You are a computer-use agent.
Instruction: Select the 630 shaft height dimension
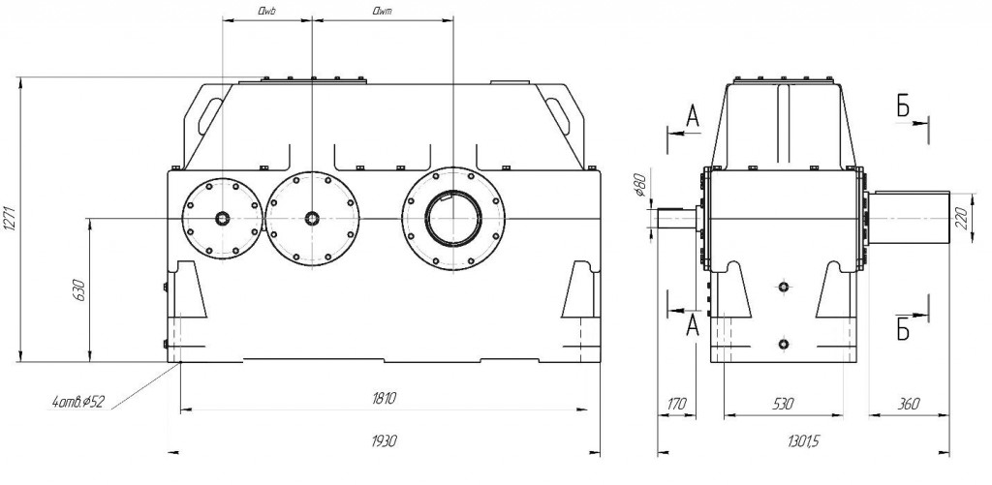pos(79,289)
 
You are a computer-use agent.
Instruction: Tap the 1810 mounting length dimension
pos(384,399)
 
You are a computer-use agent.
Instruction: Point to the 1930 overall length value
pos(384,440)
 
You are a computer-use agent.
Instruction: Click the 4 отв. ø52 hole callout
pos(78,401)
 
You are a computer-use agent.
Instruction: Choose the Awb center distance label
pos(266,10)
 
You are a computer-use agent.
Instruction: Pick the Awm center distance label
pos(382,10)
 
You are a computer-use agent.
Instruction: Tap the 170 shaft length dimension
pos(676,404)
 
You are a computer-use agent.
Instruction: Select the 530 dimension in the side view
pos(783,404)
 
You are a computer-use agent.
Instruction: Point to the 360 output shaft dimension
pos(909,404)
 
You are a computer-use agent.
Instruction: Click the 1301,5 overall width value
pos(803,441)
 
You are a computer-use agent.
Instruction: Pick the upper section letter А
pos(694,116)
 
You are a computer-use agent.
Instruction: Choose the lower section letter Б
pos(903,329)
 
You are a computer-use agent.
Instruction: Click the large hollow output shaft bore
pos(453,218)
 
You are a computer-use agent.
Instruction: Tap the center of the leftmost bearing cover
pos(222,218)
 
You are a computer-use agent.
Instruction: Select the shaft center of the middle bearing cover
pos(311,218)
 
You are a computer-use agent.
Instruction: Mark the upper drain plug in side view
pos(784,288)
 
